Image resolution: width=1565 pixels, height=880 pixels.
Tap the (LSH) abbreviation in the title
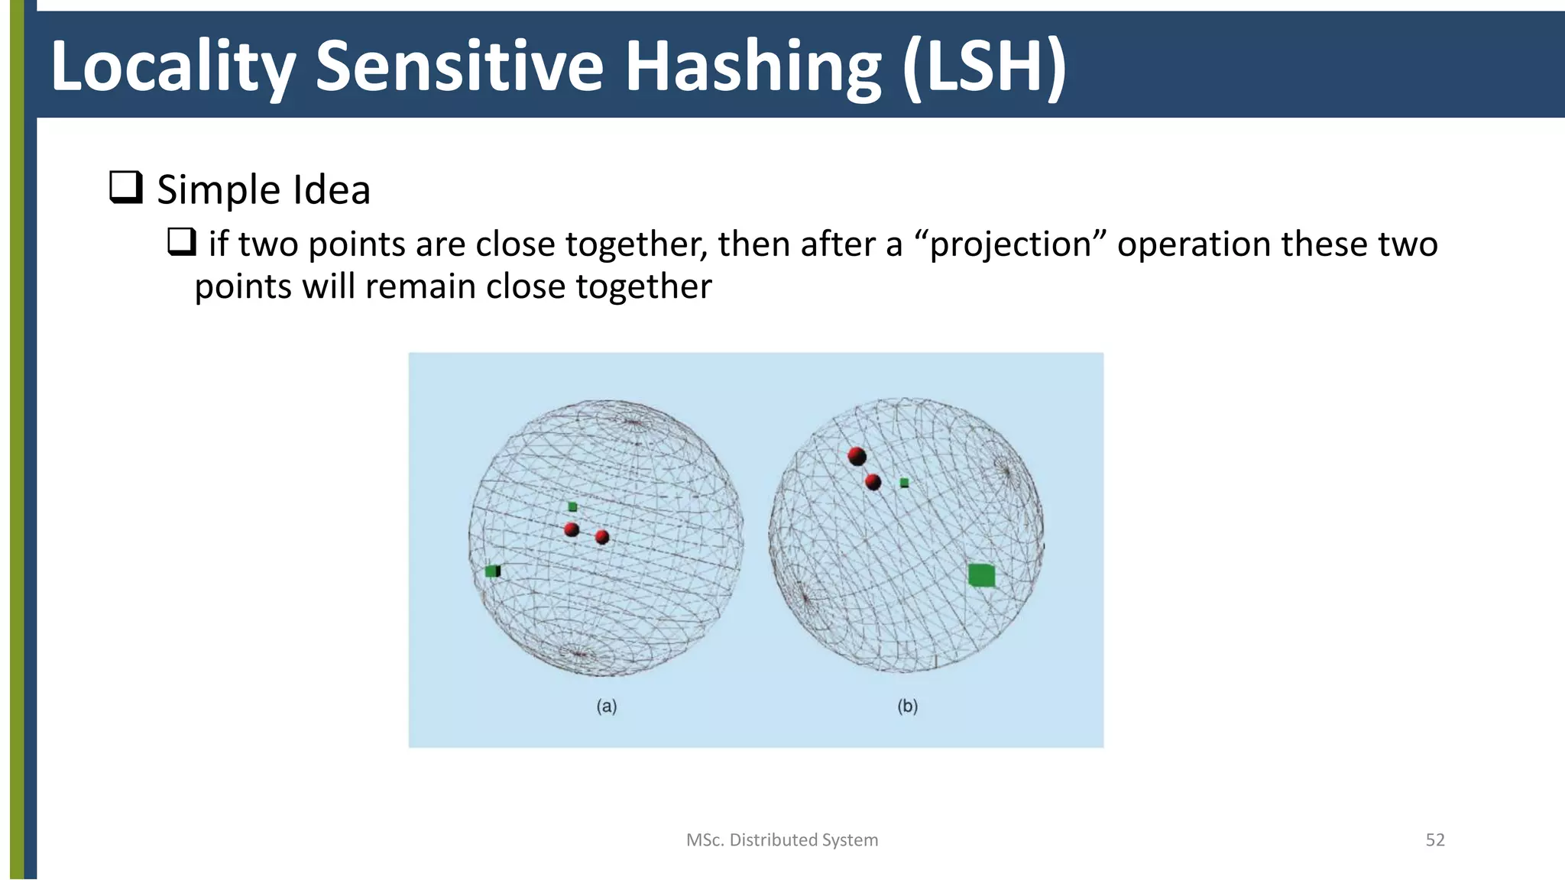[x=983, y=67]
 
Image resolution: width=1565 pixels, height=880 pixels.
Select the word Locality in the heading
[x=173, y=67]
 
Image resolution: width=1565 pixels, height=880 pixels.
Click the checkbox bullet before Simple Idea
[x=126, y=187]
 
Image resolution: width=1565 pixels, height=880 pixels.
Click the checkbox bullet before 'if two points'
[x=182, y=242]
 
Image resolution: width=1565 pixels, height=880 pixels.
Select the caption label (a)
[x=607, y=706]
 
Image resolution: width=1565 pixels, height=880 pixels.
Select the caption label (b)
[x=907, y=706]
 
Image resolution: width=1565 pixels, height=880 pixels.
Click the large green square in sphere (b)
[x=981, y=575]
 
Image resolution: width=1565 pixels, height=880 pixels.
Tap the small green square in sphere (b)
[x=904, y=483]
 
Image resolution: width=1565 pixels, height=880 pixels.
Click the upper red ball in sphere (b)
[x=857, y=457]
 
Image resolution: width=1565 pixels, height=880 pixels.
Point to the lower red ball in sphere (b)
[x=873, y=482]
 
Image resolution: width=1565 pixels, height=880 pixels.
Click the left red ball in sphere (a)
[x=572, y=529]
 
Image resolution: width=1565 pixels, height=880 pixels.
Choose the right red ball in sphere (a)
[x=602, y=537]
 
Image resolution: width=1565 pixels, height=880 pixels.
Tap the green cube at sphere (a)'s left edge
[x=493, y=571]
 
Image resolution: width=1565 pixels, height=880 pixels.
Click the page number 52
[x=1434, y=840]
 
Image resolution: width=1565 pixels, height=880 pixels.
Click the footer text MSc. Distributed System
[x=782, y=840]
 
